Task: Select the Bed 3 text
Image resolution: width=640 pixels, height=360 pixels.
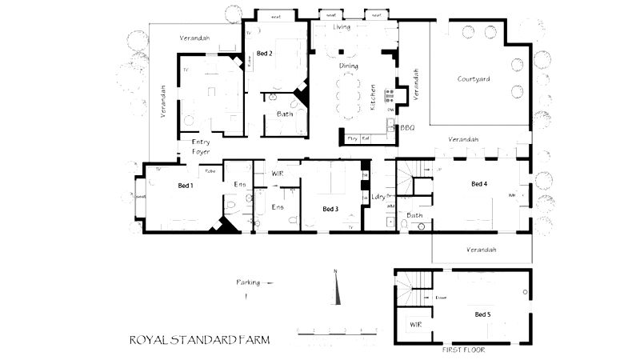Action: (x=330, y=209)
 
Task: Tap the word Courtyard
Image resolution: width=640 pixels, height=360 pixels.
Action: (x=474, y=79)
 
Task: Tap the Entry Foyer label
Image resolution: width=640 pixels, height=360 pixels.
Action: (x=200, y=147)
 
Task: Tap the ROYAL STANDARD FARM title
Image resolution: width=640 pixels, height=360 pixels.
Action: (x=199, y=340)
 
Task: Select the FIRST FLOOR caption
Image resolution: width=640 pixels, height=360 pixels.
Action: (x=463, y=350)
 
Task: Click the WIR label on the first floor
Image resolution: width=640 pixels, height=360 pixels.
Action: (x=415, y=326)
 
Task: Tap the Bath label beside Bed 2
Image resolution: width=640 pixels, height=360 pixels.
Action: (x=285, y=114)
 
